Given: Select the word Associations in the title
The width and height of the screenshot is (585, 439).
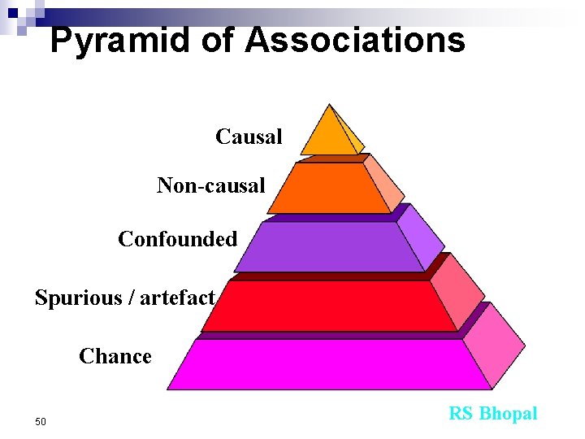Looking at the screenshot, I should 355,40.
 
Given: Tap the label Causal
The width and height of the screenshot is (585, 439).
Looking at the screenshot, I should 249,137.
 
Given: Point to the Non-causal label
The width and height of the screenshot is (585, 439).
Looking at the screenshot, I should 211,186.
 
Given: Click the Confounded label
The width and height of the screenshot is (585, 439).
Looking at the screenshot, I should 178,239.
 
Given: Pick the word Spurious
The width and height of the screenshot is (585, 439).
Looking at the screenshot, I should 78,298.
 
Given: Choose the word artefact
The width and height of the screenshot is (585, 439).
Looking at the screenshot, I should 177,298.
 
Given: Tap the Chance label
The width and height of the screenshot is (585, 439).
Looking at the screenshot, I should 115,356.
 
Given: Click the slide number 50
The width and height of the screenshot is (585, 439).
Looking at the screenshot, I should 41,421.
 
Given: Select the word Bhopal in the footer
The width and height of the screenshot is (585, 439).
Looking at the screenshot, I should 508,414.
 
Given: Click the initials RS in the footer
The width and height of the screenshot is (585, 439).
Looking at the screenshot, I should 461,414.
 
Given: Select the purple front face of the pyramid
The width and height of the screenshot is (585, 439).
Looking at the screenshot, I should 329,247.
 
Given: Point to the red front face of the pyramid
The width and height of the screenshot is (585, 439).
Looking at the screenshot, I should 329,306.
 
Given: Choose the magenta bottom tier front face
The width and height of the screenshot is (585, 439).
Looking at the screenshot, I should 329,364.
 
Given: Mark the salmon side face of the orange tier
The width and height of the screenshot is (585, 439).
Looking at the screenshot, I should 383,184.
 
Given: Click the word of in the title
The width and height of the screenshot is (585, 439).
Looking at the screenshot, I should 217,40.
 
